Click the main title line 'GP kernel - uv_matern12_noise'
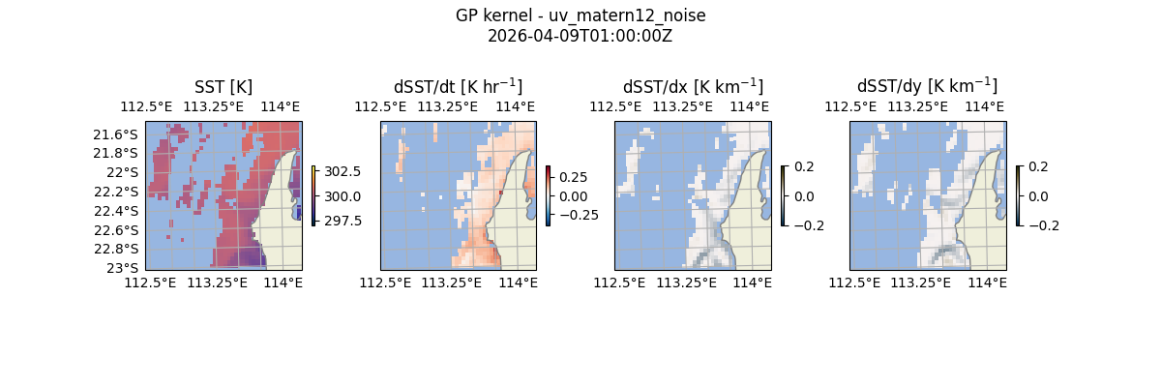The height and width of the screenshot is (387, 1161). pyautogui.click(x=580, y=16)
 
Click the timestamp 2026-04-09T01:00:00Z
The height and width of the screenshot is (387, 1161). pyautogui.click(x=580, y=36)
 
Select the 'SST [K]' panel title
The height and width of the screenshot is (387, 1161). pyautogui.click(x=223, y=86)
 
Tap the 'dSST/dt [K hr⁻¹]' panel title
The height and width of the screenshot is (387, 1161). pyautogui.click(x=458, y=86)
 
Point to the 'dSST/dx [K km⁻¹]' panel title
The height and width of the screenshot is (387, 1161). pyautogui.click(x=693, y=86)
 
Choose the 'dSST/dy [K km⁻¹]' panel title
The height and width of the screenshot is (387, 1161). pyautogui.click(x=927, y=86)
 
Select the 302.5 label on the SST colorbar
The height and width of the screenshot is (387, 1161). pyautogui.click(x=342, y=171)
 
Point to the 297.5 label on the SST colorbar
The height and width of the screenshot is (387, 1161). pyautogui.click(x=342, y=221)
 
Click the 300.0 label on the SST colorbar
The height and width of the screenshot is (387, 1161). pyautogui.click(x=342, y=196)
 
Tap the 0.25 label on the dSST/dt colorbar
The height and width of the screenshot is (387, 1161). pyautogui.click(x=575, y=178)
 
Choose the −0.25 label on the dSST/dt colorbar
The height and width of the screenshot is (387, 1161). pyautogui.click(x=578, y=215)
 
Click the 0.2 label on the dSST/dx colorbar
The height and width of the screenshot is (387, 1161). pyautogui.click(x=805, y=166)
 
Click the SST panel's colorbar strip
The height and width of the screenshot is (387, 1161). pyautogui.click(x=313, y=195)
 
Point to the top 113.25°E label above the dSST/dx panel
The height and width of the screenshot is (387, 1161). pyautogui.click(x=692, y=106)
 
